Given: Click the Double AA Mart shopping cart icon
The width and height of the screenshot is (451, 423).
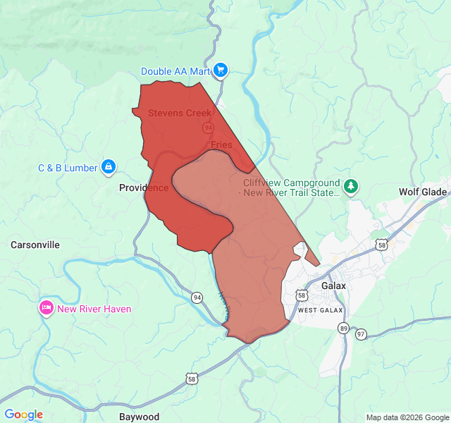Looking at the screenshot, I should point(221,70).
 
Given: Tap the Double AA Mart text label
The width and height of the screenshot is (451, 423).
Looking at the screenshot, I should point(176,71).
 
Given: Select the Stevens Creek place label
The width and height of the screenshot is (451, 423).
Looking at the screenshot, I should point(180,113).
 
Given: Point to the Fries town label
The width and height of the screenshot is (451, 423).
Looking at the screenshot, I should point(221,145).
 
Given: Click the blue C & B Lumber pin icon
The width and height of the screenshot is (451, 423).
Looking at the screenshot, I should point(109,167).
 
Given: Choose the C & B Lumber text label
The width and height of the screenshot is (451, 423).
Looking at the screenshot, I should point(68,168).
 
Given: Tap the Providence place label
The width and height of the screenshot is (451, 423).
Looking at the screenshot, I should point(144,188).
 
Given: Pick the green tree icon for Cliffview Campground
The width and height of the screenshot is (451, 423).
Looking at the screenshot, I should point(351,187).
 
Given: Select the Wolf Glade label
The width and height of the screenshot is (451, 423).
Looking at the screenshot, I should point(423,192).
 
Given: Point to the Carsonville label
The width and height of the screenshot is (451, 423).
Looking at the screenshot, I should point(35,245).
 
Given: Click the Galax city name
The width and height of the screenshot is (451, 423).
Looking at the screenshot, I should point(333,286).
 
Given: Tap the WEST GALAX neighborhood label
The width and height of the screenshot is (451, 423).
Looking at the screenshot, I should point(320,310).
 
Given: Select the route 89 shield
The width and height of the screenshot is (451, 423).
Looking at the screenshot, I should point(343,328).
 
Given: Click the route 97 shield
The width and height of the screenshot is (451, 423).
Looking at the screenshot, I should point(361,333).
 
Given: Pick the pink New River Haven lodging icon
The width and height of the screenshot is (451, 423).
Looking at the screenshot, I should point(47,308).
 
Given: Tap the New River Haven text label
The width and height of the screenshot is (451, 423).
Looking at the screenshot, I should point(94,309).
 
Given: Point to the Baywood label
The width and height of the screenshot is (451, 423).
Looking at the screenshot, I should point(139,417).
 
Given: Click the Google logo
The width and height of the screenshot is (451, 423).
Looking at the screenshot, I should point(23,415).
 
